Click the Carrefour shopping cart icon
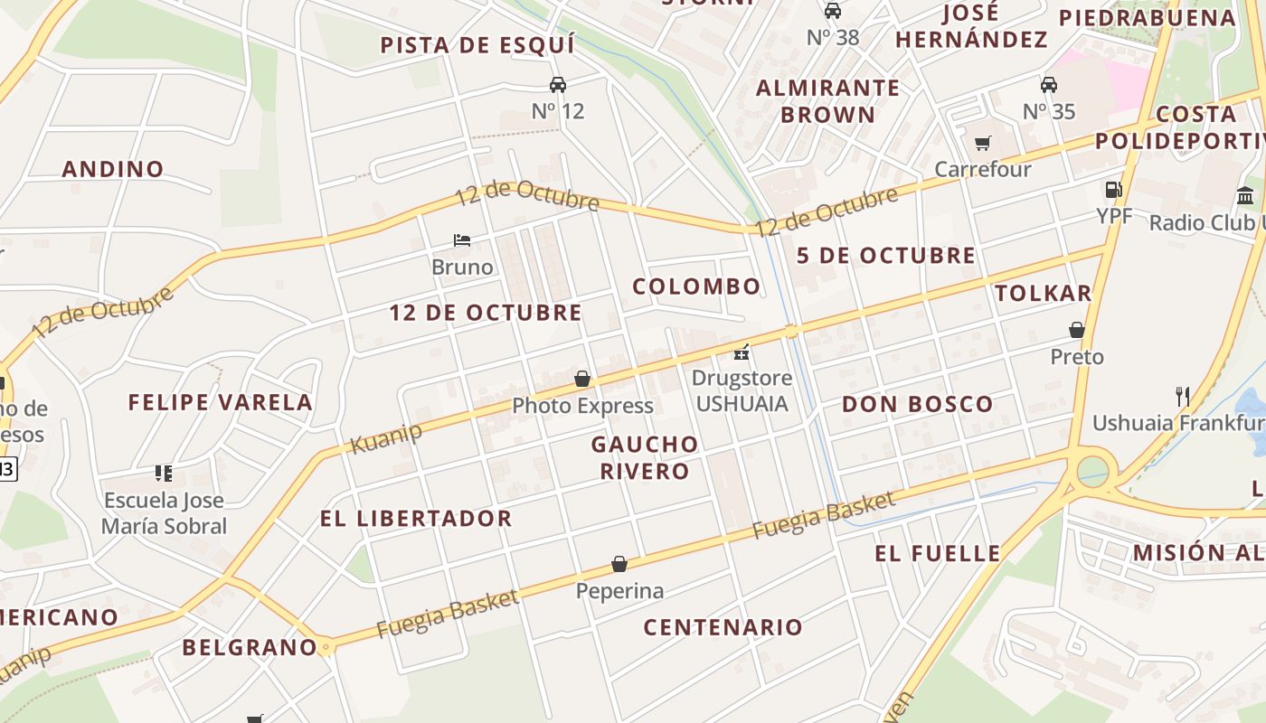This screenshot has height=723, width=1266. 983,143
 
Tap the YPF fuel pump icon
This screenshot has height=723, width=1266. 1113,190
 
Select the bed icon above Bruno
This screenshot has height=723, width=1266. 462,240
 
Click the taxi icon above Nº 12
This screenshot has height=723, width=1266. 558,85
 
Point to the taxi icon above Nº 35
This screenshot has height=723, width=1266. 1049,85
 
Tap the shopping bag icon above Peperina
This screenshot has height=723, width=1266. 619,565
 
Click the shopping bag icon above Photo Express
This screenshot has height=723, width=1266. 582,379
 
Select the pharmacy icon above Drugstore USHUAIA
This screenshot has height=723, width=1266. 742,352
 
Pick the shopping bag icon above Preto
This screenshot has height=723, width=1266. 1077,330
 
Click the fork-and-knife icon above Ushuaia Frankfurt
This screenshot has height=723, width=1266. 1181,396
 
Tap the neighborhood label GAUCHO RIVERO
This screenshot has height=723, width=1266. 645,457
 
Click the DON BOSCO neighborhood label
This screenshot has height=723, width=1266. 917,404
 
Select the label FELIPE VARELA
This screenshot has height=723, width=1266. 220,402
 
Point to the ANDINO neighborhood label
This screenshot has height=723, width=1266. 113,169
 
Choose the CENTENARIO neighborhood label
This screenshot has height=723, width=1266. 723,627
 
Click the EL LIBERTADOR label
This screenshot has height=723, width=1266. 416,519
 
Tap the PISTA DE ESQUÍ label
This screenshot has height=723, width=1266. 477,45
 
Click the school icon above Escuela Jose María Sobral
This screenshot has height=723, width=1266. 164,473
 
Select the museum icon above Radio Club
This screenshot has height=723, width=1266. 1245,195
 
